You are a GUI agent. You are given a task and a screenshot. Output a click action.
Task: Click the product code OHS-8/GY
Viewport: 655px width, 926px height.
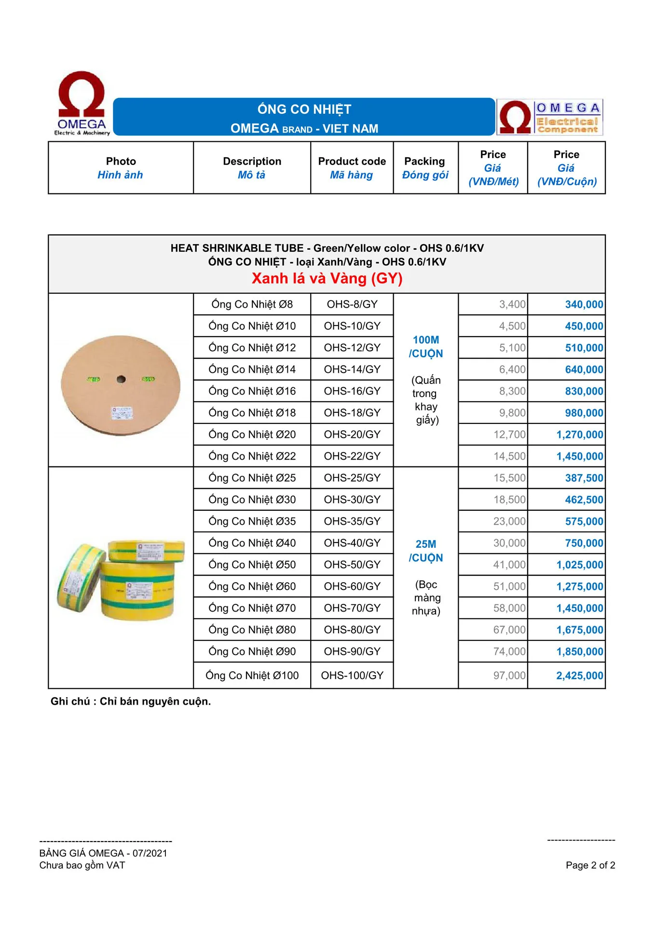point(352,304)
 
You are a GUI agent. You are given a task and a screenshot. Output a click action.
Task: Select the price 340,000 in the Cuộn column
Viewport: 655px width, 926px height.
point(584,304)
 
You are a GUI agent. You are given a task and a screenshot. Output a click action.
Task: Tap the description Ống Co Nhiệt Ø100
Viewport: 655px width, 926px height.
point(252,675)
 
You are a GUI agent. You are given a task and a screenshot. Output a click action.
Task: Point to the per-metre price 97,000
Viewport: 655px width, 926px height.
point(509,675)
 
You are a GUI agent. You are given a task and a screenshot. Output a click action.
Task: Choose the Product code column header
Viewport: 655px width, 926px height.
point(352,167)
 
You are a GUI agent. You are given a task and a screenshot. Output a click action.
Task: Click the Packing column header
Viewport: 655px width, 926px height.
point(425,167)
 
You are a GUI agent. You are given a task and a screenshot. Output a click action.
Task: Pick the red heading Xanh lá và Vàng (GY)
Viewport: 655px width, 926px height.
point(327,278)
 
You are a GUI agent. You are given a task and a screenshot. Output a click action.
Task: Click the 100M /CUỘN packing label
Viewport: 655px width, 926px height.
point(425,347)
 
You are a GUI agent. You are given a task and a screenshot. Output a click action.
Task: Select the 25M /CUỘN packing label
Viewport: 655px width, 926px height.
point(425,551)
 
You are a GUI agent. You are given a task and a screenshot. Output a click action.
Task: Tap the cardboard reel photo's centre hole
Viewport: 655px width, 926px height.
point(121,379)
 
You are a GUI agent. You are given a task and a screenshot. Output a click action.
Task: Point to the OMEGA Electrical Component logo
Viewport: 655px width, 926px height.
point(550,117)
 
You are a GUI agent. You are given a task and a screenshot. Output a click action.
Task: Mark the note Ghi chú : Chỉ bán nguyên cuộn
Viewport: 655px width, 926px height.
point(131,701)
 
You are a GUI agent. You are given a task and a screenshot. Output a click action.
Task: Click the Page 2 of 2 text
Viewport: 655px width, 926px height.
point(590,865)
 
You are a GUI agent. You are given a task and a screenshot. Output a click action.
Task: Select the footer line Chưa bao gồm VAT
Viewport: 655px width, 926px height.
point(82,865)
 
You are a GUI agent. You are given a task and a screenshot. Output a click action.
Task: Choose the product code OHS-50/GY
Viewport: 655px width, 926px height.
point(352,565)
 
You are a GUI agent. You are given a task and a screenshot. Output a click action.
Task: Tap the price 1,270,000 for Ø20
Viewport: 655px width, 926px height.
point(579,435)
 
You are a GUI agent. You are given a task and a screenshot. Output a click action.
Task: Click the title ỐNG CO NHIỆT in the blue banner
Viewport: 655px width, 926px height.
point(304,109)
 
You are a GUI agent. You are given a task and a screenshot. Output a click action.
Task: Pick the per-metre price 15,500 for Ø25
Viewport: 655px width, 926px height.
point(509,478)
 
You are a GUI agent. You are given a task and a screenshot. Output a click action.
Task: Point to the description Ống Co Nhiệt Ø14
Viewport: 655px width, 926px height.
point(252,369)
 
